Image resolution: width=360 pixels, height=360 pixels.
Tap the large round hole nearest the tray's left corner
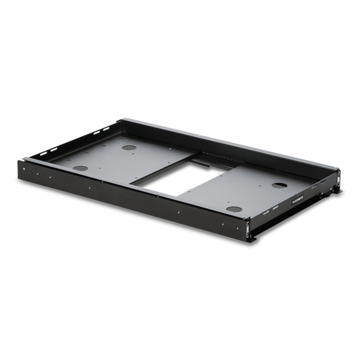point(81,168)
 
